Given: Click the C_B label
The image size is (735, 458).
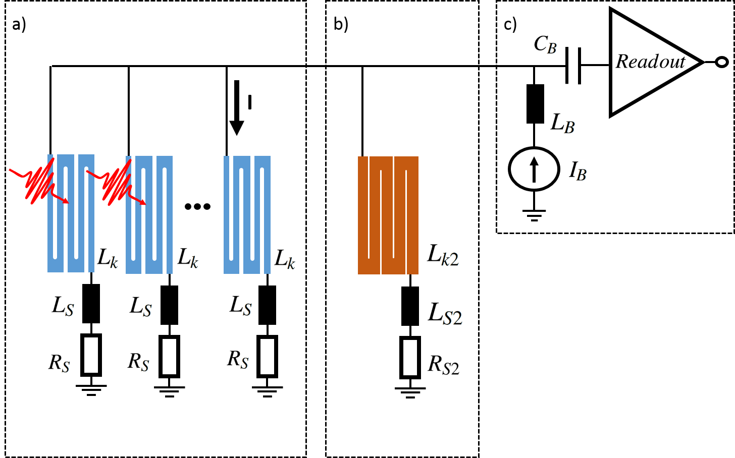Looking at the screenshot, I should [x=545, y=45].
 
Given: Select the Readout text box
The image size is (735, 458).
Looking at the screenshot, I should [x=650, y=62].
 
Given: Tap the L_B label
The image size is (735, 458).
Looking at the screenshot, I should [x=561, y=123].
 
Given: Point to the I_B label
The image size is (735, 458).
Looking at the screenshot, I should [x=577, y=170].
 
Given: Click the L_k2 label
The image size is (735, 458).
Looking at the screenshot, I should [x=442, y=255].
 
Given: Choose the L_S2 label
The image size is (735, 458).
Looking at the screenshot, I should [x=444, y=313].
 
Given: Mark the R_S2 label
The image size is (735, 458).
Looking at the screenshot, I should [x=443, y=365].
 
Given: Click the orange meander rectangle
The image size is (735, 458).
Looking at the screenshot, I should [x=388, y=215].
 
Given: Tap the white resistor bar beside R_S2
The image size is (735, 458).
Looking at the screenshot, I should [x=410, y=358].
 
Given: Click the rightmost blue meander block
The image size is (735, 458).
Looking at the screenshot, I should [x=247, y=215].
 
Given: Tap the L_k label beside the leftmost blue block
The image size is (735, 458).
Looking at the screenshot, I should [x=108, y=259].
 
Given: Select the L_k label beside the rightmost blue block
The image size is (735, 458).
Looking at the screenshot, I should [x=285, y=260].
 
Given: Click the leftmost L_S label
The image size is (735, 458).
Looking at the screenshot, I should [x=63, y=306].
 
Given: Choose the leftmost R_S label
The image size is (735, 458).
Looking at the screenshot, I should [x=59, y=363].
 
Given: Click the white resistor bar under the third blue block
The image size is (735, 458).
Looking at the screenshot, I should [x=267, y=357].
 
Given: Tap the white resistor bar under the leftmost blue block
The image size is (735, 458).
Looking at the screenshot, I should [x=91, y=355].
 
